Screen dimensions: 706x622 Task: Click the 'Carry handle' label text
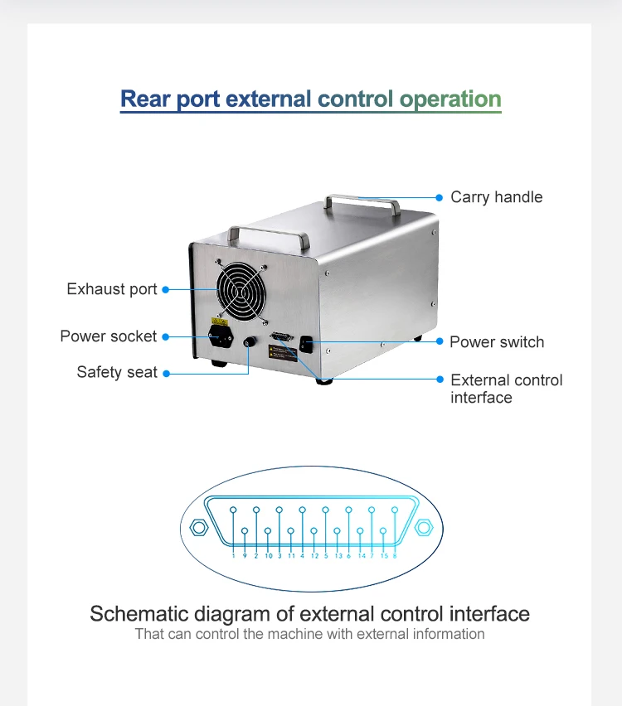click(x=496, y=197)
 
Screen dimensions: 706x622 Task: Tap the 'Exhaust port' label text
click(x=112, y=289)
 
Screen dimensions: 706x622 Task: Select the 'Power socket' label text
click(x=108, y=336)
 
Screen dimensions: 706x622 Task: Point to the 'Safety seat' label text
click(x=117, y=373)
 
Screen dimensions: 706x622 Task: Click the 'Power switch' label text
click(x=497, y=342)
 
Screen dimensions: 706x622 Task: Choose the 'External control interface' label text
click(x=506, y=389)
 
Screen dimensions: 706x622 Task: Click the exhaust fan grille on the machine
click(x=242, y=293)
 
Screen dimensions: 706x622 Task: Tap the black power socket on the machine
click(x=219, y=338)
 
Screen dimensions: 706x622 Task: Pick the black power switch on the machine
click(x=306, y=343)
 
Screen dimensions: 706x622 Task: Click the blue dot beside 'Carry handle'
click(x=440, y=197)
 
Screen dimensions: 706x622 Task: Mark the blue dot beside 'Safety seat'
click(x=166, y=374)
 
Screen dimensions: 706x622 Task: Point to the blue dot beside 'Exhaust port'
click(x=166, y=289)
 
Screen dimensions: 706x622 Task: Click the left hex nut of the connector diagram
click(x=198, y=527)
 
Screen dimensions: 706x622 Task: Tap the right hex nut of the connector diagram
click(x=424, y=527)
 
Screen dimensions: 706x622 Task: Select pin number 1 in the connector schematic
click(x=234, y=510)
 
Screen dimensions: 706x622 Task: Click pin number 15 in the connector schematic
click(x=383, y=530)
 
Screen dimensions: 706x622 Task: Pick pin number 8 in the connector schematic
click(x=395, y=510)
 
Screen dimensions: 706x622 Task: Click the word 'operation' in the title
click(x=450, y=99)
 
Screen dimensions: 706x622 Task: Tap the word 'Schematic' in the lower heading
click(x=138, y=614)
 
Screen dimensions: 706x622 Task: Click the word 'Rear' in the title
click(x=146, y=99)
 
